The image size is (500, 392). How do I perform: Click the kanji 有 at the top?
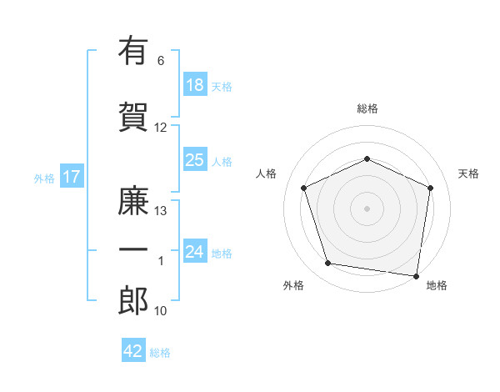[x=133, y=50]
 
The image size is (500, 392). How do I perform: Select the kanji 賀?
[x=133, y=117]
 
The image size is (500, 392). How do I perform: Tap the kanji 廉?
[x=133, y=200]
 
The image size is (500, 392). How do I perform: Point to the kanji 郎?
[x=133, y=300]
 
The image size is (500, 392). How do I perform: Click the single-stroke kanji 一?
[x=133, y=249]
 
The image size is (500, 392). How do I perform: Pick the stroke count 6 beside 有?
[x=161, y=61]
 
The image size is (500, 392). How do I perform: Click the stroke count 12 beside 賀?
[x=160, y=128]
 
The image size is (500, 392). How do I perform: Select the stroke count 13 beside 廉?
[x=160, y=211]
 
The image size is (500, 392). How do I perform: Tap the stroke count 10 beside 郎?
[x=160, y=311]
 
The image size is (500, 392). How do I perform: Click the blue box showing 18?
[x=195, y=84]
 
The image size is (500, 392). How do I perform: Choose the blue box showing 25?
[x=195, y=159]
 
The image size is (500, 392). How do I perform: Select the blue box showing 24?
[x=195, y=250]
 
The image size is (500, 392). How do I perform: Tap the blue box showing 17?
[x=72, y=176]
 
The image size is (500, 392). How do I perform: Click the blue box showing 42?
[x=133, y=349]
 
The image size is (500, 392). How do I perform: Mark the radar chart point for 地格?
[x=416, y=276]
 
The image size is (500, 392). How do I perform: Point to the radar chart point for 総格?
[x=367, y=158]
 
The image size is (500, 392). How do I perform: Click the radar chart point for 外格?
[x=327, y=263]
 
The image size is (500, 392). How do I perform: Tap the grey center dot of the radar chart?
[x=367, y=209]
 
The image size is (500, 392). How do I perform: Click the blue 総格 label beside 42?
[x=160, y=353]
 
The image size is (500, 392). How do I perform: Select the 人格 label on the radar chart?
[x=266, y=173]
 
